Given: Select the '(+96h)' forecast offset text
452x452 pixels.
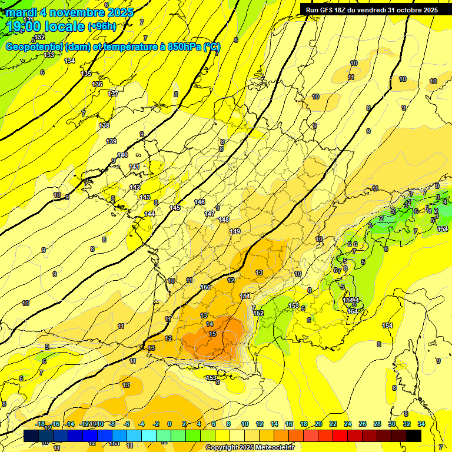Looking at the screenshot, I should pyautogui.click(x=102, y=26).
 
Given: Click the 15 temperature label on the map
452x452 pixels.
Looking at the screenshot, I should pyautogui.click(x=212, y=334).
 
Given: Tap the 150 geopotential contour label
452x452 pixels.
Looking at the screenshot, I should pyautogui.click(x=205, y=287).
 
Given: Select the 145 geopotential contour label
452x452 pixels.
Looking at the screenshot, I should pyautogui.click(x=175, y=208).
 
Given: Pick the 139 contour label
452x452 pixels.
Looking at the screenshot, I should pyautogui.click(x=111, y=141).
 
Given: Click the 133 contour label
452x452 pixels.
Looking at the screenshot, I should pyautogui.click(x=49, y=55).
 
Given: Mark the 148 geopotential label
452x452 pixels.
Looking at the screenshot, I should pyautogui.click(x=224, y=220).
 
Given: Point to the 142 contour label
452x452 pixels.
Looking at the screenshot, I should pyautogui.click(x=135, y=187).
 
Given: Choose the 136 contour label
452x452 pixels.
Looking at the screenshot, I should pyautogui.click(x=97, y=84).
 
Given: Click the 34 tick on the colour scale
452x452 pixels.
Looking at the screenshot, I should pyautogui.click(x=421, y=424).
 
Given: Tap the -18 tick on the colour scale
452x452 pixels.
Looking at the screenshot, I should pyautogui.click(x=40, y=424).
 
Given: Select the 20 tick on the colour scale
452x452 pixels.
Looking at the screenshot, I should pyautogui.click(x=318, y=424).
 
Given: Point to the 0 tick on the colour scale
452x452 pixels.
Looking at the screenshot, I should pyautogui.click(x=169, y=424).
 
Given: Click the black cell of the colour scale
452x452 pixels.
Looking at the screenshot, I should pyautogui.click(x=414, y=436).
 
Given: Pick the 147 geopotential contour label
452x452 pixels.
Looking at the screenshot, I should pyautogui.click(x=210, y=214).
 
